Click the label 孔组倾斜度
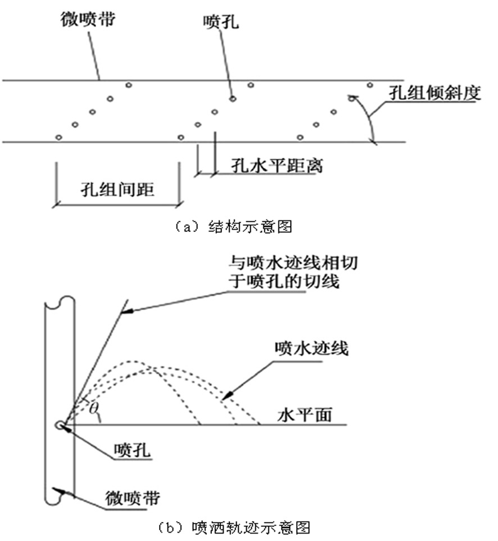click(x=434, y=94)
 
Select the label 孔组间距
click(x=117, y=189)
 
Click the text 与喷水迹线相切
click(x=292, y=262)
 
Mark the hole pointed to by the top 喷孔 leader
click(x=232, y=99)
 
